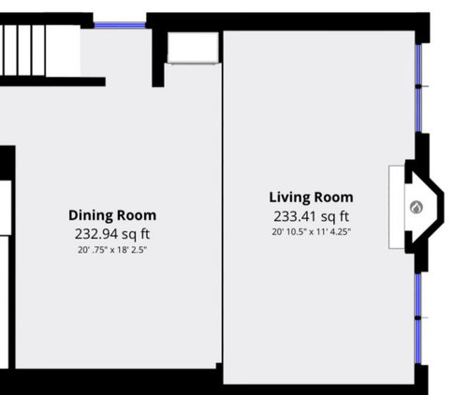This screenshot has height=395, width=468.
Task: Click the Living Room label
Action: (311, 197)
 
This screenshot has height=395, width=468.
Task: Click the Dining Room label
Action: (112, 215)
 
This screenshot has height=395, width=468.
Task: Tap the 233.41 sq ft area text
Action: (311, 216)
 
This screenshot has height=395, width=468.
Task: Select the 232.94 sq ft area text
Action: (112, 234)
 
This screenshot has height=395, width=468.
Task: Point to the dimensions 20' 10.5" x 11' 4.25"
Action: (311, 232)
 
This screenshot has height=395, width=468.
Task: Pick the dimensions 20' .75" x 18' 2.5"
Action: (112, 250)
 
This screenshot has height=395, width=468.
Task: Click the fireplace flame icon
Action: (416, 208)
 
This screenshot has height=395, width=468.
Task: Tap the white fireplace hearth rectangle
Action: (397, 207)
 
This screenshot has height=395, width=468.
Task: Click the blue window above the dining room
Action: (120, 25)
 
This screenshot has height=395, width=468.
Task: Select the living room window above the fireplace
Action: (418, 88)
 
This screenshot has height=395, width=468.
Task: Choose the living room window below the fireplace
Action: (418, 318)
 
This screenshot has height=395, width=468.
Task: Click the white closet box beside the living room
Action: (193, 48)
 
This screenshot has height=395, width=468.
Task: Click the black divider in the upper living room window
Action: (418, 86)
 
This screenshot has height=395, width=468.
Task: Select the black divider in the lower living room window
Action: (418, 317)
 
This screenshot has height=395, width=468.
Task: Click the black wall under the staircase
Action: (52, 81)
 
